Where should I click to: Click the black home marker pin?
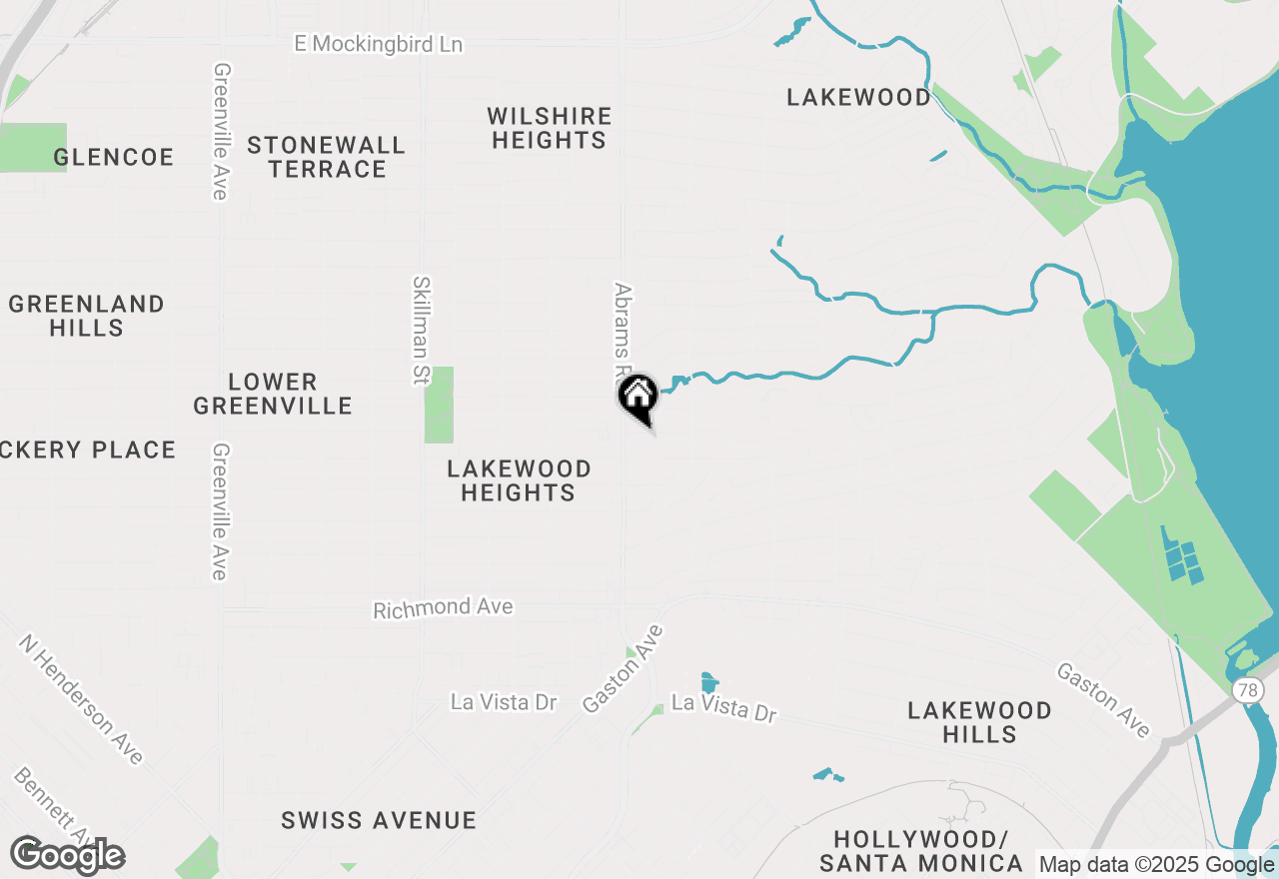point(638,398)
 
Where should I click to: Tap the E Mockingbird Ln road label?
point(379,44)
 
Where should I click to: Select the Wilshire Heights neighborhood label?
point(549,128)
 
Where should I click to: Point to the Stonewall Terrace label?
point(327,157)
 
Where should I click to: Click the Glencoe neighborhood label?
point(114,157)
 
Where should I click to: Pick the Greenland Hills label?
point(87,316)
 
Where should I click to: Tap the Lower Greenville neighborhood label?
point(273,394)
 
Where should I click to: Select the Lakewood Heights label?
point(519,480)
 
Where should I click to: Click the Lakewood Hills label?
point(979,722)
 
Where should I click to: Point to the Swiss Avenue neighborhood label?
point(379,820)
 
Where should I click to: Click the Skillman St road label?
point(421,331)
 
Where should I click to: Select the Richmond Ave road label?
point(443,608)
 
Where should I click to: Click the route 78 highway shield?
point(1246,690)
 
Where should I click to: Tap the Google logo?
point(68,855)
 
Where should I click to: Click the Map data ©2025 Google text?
point(1156,865)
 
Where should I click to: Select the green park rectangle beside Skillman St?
point(439,405)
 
